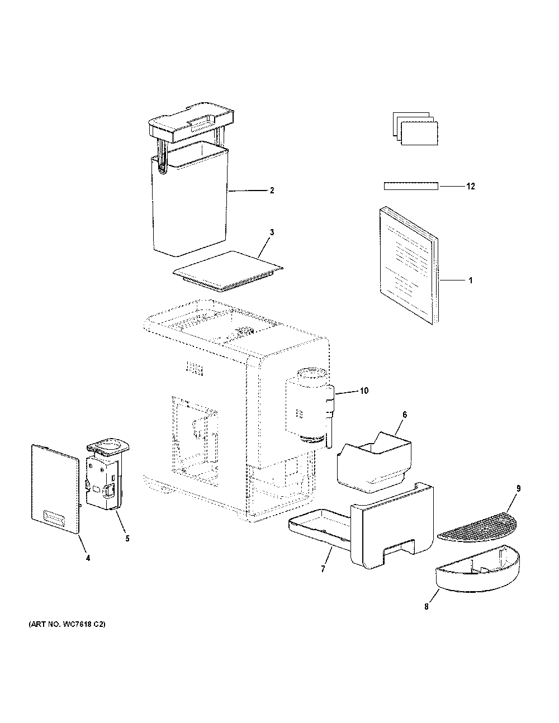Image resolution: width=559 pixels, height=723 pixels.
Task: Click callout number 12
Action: pyautogui.click(x=471, y=186)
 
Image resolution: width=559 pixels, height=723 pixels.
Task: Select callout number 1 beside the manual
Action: pyautogui.click(x=471, y=280)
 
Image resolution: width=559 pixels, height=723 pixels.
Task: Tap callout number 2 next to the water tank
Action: pyautogui.click(x=272, y=191)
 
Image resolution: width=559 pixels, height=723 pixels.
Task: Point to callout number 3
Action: pyautogui.click(x=272, y=232)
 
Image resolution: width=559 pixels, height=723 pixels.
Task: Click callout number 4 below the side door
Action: pyautogui.click(x=88, y=558)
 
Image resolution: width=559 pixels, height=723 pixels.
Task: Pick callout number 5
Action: pyautogui.click(x=127, y=539)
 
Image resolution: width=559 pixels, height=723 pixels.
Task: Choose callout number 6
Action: pyautogui.click(x=405, y=415)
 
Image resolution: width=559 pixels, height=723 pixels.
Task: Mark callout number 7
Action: pyautogui.click(x=323, y=569)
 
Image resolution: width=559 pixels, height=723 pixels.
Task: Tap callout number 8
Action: pyautogui.click(x=427, y=607)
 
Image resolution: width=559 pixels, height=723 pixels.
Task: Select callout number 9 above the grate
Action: pyautogui.click(x=518, y=488)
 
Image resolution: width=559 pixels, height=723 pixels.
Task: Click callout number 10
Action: pyautogui.click(x=364, y=391)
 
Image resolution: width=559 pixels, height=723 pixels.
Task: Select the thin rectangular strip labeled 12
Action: pyautogui.click(x=411, y=186)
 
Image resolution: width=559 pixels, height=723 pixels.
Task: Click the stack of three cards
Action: pyautogui.click(x=415, y=129)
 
